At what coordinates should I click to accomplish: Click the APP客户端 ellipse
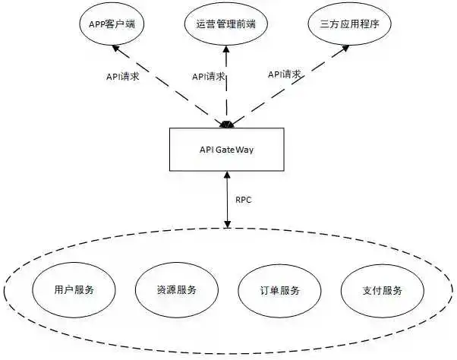(x=112, y=24)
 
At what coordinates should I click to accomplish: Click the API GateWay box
(x=226, y=149)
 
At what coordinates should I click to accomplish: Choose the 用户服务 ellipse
(x=74, y=290)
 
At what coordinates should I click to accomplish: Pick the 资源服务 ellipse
(x=176, y=290)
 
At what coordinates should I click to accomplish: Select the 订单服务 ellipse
(x=279, y=290)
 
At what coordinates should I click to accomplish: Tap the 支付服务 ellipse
(x=382, y=290)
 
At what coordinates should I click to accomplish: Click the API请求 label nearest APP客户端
(x=121, y=77)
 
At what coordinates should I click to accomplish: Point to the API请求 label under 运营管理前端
(x=208, y=77)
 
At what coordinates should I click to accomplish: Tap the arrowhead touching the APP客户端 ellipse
(x=116, y=49)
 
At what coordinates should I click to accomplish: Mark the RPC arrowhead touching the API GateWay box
(x=226, y=175)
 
